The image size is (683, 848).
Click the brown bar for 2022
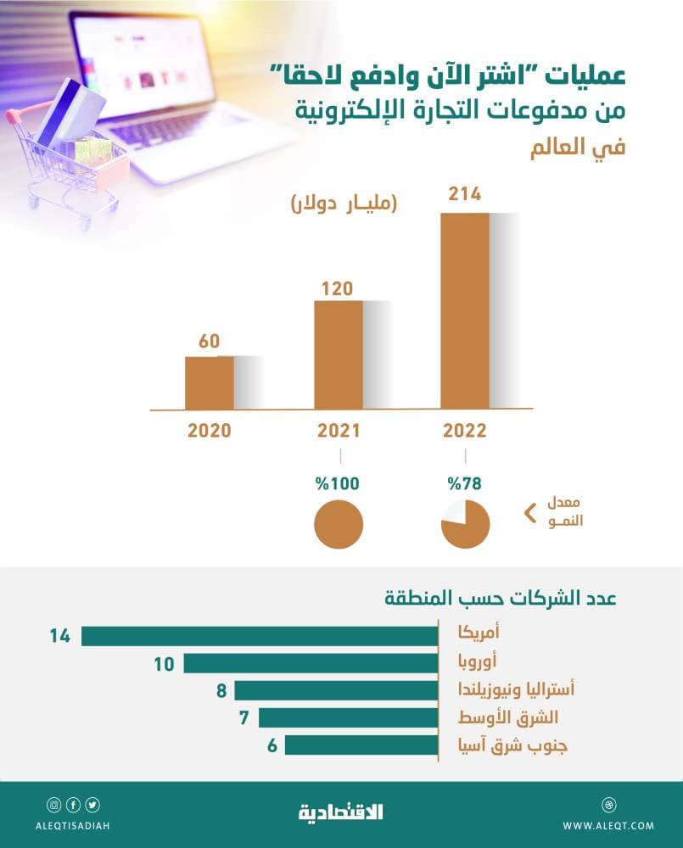465,310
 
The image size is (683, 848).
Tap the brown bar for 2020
209,382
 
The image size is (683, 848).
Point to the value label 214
465,194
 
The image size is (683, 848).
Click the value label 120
338,287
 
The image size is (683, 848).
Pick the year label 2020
209,431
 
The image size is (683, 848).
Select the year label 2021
339,431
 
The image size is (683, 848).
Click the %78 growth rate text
466,485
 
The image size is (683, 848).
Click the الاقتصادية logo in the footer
341,812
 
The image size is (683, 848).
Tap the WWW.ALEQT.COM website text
607,825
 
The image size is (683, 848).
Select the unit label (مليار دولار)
344,204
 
